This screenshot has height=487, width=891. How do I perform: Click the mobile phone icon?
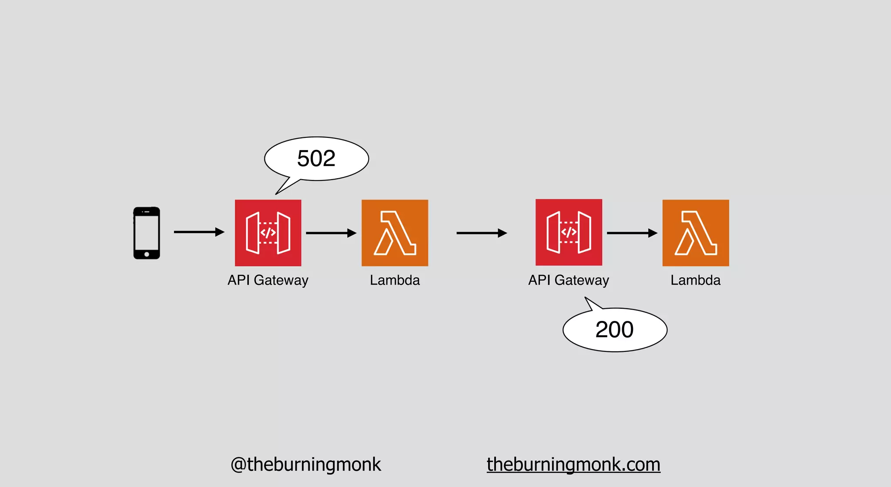click(147, 233)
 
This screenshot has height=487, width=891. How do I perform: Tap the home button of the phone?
click(147, 254)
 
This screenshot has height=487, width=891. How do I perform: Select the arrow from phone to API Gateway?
click(199, 232)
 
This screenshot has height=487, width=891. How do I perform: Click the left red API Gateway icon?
click(268, 233)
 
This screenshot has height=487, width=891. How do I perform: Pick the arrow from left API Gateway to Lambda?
click(331, 233)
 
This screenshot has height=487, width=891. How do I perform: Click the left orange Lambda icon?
click(395, 233)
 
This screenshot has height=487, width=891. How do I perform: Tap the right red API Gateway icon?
click(569, 233)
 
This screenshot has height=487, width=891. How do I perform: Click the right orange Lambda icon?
click(696, 233)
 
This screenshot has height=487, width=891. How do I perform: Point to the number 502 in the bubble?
click(316, 158)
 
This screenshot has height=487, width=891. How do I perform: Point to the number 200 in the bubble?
click(614, 330)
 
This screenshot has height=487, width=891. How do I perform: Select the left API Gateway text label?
click(268, 280)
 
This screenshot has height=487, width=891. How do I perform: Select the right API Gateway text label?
click(569, 280)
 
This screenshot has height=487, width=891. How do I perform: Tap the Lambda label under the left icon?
click(395, 280)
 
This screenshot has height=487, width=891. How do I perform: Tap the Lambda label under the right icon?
click(695, 280)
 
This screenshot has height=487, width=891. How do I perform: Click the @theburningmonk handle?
click(305, 464)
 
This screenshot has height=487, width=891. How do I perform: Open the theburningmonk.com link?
click(573, 464)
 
